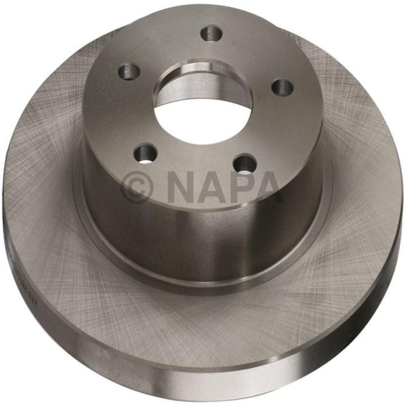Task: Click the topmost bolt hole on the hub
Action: tap(211, 33)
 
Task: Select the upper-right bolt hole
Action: tap(282, 87)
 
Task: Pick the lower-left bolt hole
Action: tap(145, 153)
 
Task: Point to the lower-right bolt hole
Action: tap(246, 162)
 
